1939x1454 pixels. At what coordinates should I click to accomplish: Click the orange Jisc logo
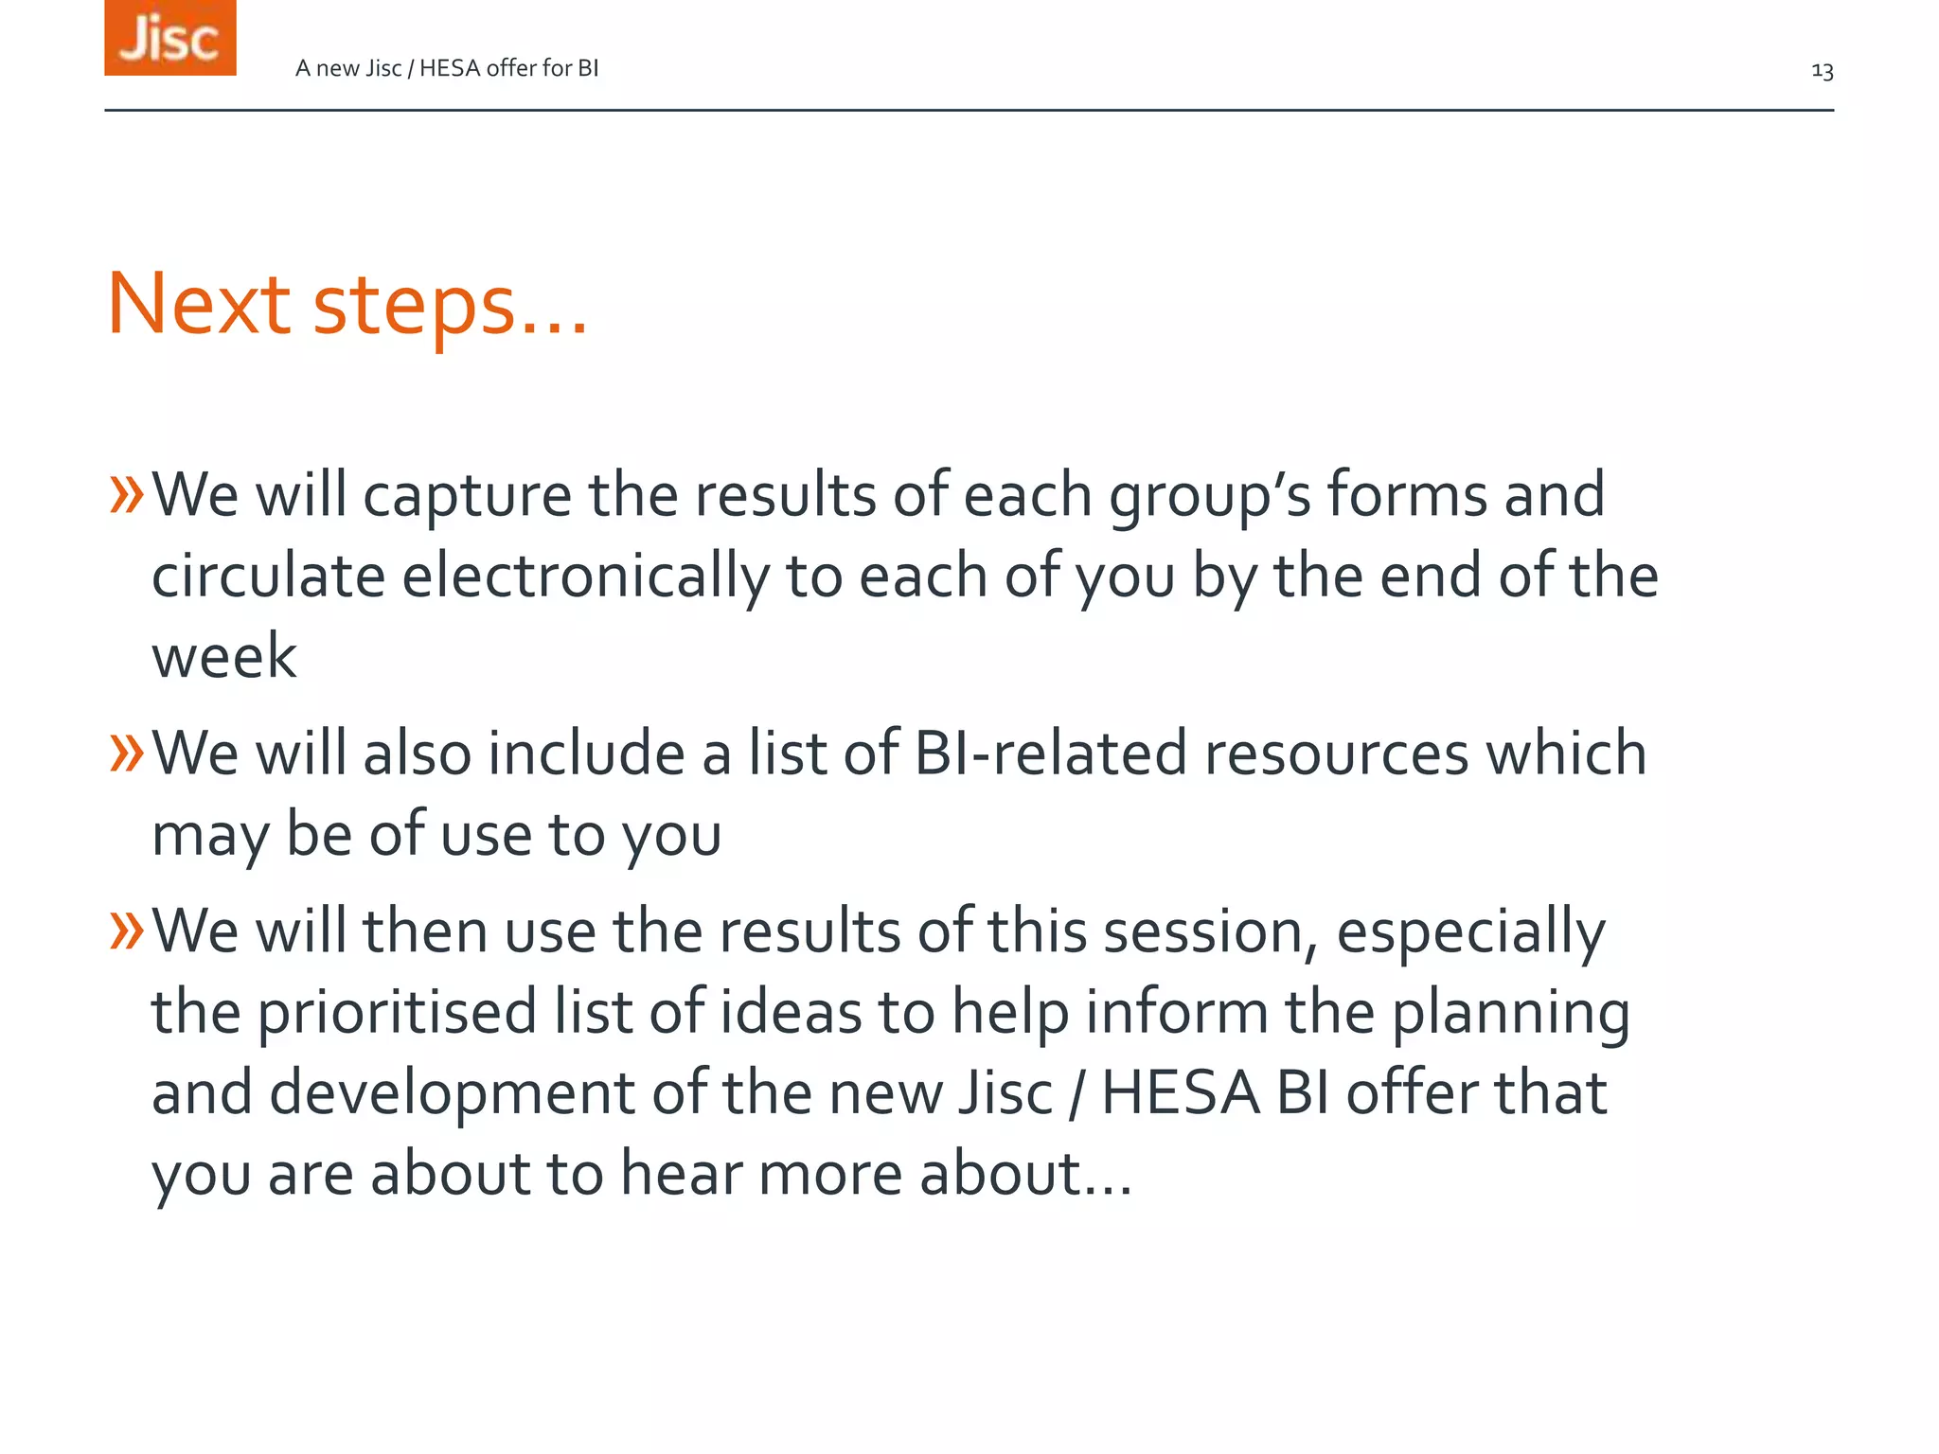[170, 38]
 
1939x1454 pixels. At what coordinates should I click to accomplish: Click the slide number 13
[1822, 71]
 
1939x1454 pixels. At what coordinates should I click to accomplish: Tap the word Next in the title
[199, 305]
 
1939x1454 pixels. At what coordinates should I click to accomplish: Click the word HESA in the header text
[450, 68]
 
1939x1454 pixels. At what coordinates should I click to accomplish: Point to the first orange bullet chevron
[126, 494]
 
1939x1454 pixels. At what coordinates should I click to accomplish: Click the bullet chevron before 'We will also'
[126, 753]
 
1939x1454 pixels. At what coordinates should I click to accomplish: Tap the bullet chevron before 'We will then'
[126, 930]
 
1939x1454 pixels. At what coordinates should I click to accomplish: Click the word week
[223, 656]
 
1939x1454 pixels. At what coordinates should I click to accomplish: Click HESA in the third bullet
[1179, 1093]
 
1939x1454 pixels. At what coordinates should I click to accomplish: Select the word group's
[1209, 497]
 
